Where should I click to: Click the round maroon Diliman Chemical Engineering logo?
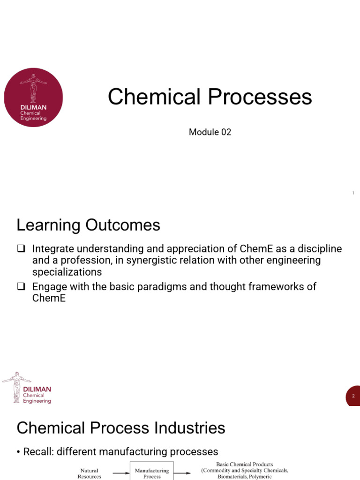(33, 97)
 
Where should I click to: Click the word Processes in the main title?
(260, 97)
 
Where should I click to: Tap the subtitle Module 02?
(210, 132)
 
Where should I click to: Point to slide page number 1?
(353, 193)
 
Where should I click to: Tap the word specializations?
(67, 272)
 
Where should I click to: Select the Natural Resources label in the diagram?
(89, 473)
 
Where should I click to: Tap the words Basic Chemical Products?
(244, 465)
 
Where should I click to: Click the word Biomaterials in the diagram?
(235, 476)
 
